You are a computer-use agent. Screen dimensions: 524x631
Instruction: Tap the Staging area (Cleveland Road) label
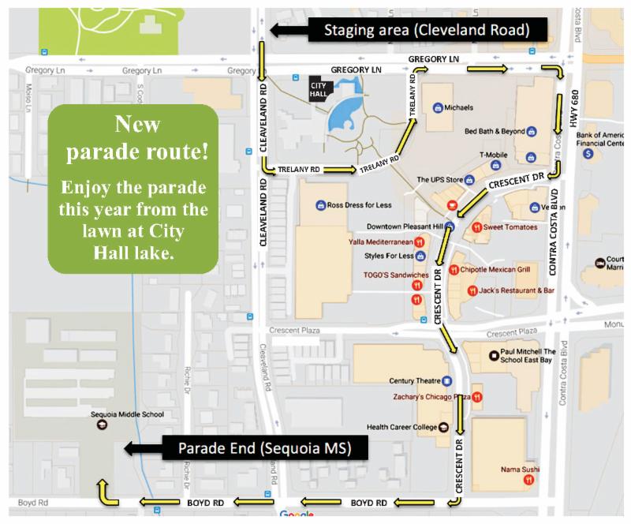(427, 30)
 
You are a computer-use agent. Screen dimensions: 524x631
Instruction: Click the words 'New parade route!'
(132, 138)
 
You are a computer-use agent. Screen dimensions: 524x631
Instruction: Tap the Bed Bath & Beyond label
(495, 131)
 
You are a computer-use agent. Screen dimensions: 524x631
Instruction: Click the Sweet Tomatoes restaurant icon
(477, 227)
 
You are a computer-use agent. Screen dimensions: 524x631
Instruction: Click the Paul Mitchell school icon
(494, 355)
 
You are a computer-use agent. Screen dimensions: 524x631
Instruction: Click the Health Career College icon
(443, 428)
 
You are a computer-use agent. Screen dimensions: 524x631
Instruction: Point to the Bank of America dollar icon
(588, 153)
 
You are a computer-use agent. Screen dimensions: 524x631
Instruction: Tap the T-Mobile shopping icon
(496, 166)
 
